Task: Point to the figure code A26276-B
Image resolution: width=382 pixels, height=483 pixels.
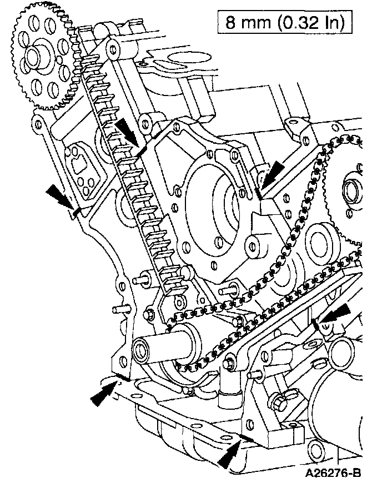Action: (x=332, y=472)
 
